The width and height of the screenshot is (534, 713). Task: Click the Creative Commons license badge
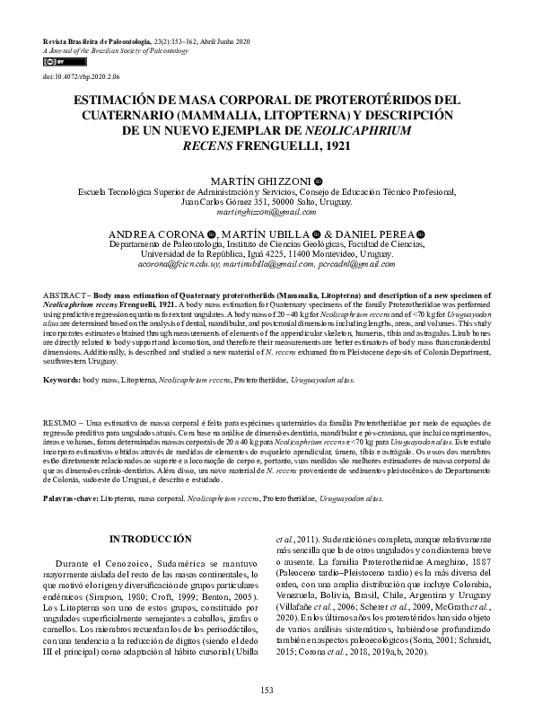pyautogui.click(x=54, y=63)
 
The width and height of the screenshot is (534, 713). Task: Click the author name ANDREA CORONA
pyautogui.click(x=153, y=233)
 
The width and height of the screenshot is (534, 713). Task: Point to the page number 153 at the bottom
pyautogui.click(x=267, y=689)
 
